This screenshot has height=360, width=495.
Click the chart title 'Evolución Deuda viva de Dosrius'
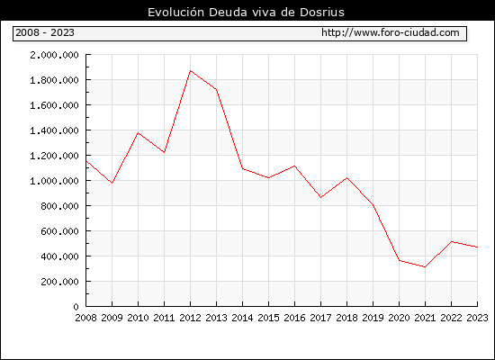point(246,12)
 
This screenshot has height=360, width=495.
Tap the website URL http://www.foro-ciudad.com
point(391,32)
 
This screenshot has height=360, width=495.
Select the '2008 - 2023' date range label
point(45,32)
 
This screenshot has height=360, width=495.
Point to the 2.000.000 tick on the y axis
point(54,55)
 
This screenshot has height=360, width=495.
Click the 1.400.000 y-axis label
point(54,130)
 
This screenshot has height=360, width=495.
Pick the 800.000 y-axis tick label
point(59,206)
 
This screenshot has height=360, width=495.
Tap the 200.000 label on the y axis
point(59,282)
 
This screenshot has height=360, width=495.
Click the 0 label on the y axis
point(76,307)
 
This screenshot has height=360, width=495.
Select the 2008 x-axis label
point(85,318)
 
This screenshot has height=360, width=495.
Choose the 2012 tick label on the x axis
point(191,318)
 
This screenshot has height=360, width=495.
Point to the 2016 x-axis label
point(294,318)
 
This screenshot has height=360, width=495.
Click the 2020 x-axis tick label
point(399,318)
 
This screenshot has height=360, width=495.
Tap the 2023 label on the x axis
point(477,318)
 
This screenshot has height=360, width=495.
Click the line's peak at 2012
point(191,71)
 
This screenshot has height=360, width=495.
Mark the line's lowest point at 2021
point(425,266)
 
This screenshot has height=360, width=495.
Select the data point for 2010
point(139,132)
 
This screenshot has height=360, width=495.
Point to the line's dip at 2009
point(112,184)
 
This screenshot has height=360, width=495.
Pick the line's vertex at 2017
point(320,197)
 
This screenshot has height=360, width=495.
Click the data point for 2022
point(452,241)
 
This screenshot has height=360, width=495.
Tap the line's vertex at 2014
point(242,168)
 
